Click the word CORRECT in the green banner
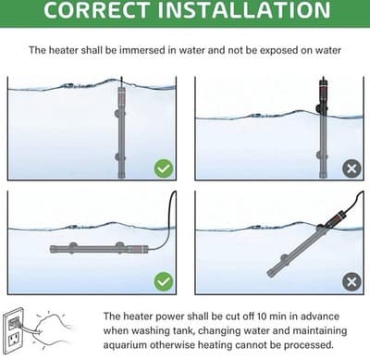96,9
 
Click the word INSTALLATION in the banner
244,9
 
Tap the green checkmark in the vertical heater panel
164,168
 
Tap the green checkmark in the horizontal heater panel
164,281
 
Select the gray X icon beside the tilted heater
351,281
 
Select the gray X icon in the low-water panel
351,168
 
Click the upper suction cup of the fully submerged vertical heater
118,114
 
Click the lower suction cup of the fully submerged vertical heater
118,156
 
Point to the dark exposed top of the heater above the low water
323,94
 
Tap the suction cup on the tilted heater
283,259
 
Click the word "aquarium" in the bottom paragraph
126,345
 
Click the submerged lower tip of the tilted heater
270,273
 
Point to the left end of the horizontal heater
52,249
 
